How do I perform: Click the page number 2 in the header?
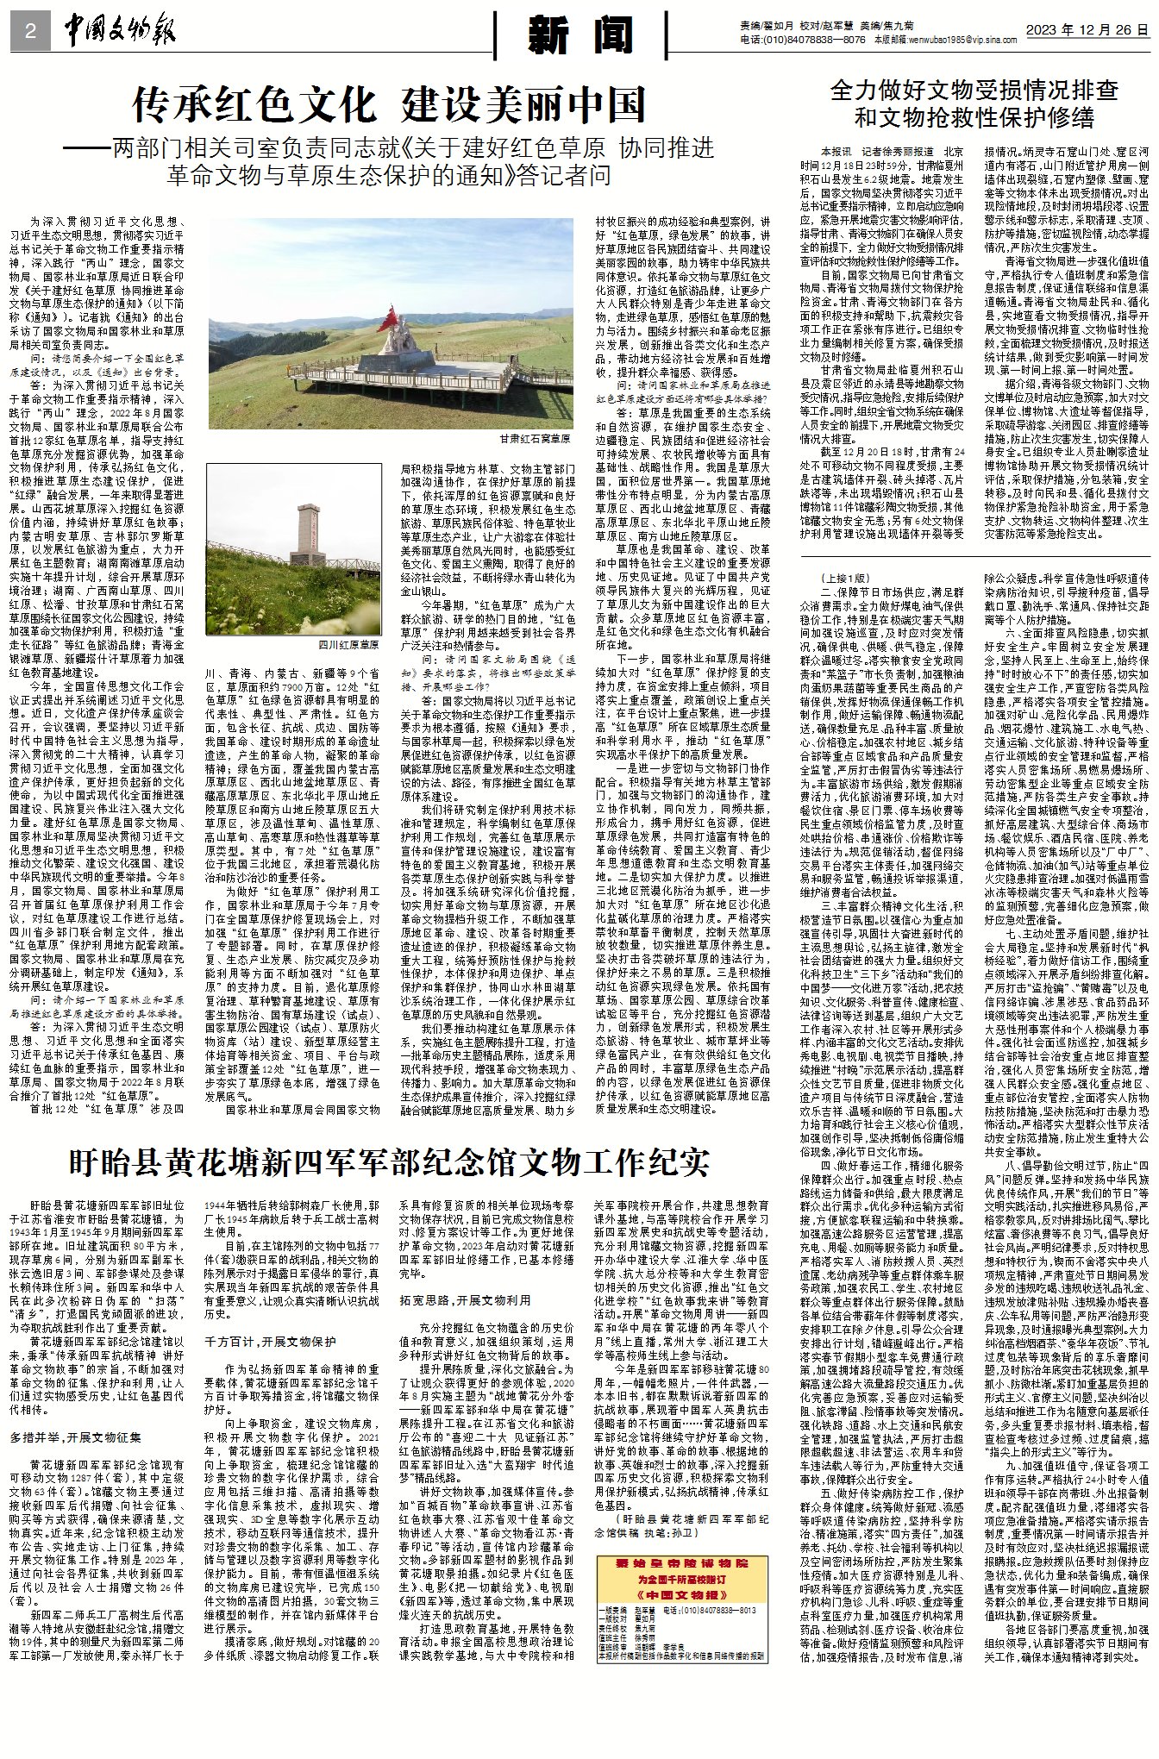tap(30, 32)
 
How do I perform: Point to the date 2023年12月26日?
tap(1087, 28)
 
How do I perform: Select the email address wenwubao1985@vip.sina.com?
tap(958, 40)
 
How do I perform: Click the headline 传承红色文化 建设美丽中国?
tap(389, 105)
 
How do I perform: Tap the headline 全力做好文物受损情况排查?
tap(974, 90)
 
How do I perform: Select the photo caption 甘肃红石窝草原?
tap(535, 438)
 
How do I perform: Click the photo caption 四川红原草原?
tap(348, 645)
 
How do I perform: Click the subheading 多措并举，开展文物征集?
tap(76, 1437)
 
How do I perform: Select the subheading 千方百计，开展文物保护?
tap(269, 1342)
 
